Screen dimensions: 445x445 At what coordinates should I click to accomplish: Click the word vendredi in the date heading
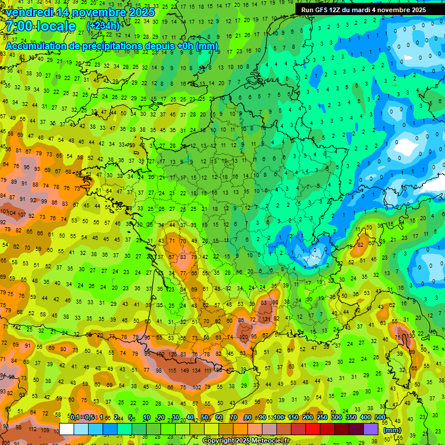tap(31, 12)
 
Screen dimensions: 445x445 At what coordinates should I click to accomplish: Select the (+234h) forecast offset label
tap(103, 26)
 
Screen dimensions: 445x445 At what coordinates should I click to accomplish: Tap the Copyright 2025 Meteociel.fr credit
tap(246, 440)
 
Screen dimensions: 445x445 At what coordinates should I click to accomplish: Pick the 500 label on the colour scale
tap(380, 417)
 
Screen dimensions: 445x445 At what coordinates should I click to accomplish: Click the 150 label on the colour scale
tap(293, 417)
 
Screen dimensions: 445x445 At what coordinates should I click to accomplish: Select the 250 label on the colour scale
tap(322, 417)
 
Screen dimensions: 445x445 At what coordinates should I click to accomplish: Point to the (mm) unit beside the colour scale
tap(392, 430)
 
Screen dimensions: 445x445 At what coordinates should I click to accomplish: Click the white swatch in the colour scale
tap(67, 429)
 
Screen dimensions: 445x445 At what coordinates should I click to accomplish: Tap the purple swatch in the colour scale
tap(371, 429)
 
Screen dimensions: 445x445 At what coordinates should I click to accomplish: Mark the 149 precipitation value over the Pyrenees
tap(185, 370)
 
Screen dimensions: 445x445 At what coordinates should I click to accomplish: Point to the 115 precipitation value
tap(172, 370)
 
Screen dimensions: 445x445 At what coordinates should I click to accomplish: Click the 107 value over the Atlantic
tap(22, 214)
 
